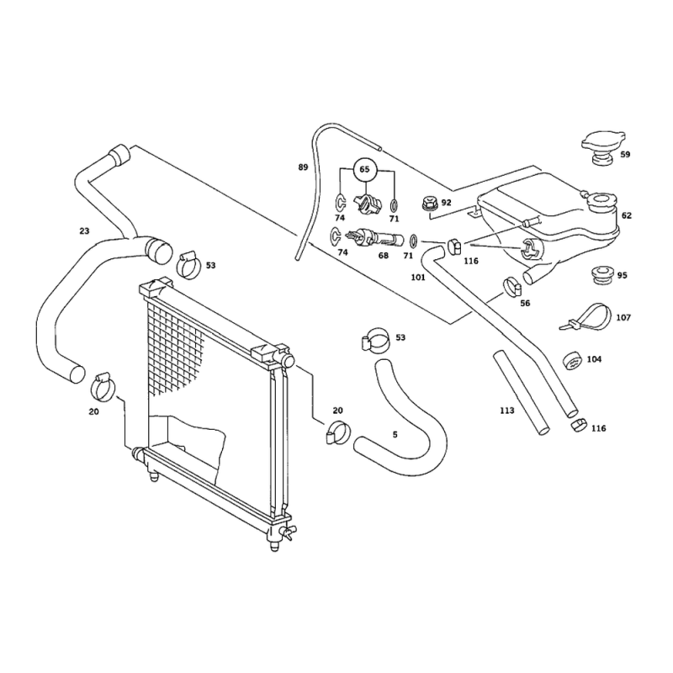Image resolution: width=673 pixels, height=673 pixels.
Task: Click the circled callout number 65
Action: click(364, 169)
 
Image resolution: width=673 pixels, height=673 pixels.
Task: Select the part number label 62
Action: click(626, 215)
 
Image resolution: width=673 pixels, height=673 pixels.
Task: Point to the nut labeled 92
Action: click(429, 203)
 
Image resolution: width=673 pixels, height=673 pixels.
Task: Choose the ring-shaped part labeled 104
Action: click(573, 361)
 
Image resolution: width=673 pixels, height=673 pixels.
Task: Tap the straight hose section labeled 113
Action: click(521, 393)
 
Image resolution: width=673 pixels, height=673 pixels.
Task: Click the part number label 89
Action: click(303, 167)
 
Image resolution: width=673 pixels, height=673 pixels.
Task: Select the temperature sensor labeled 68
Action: click(373, 237)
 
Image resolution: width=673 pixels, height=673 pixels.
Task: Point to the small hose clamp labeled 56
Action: click(511, 287)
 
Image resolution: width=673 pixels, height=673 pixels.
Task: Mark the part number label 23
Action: click(85, 231)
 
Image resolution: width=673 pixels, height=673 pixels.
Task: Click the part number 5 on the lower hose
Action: click(395, 434)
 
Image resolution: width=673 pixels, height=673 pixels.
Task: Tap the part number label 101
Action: click(418, 278)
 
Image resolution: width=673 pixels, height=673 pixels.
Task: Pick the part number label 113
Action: click(507, 411)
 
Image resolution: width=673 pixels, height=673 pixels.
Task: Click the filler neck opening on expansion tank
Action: click(603, 199)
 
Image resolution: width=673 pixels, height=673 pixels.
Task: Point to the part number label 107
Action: click(623, 318)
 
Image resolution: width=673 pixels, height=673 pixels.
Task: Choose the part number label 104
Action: click(594, 359)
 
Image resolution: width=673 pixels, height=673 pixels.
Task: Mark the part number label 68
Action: click(384, 256)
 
